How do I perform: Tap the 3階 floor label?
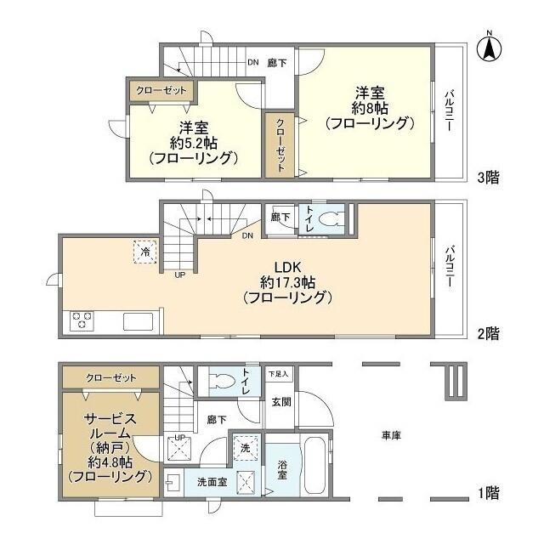487,177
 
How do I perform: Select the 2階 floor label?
487,333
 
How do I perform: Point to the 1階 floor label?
487,492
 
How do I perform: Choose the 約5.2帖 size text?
192,143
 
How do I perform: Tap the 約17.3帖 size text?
286,281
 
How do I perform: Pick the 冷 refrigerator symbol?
145,252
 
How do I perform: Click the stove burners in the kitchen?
82,320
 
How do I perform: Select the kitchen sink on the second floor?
137,321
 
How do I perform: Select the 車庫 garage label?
391,435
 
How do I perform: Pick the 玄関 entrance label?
280,401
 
